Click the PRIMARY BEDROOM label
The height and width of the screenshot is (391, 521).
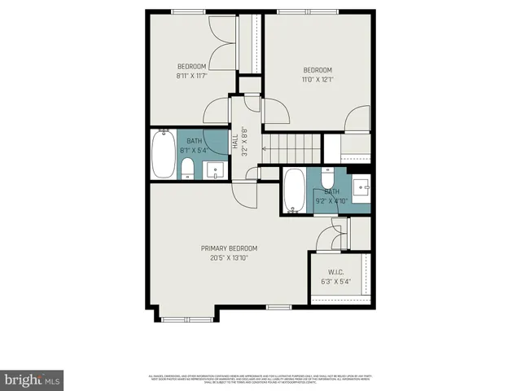(x=230, y=248)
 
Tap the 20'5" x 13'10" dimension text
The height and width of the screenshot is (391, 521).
(x=230, y=257)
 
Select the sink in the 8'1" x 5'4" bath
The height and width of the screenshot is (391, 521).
(x=216, y=169)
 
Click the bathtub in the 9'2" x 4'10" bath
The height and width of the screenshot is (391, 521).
(x=294, y=191)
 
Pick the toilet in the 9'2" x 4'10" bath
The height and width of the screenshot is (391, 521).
(x=326, y=178)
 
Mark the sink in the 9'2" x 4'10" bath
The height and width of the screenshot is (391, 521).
(x=360, y=185)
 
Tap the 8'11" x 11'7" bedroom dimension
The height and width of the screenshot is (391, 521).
(x=192, y=76)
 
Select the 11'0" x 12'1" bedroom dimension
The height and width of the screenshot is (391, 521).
(x=318, y=79)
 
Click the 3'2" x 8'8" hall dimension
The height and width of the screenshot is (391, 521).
(x=243, y=143)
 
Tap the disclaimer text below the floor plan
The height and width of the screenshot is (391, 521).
(x=260, y=379)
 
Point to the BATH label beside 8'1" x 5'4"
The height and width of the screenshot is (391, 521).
(x=194, y=141)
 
